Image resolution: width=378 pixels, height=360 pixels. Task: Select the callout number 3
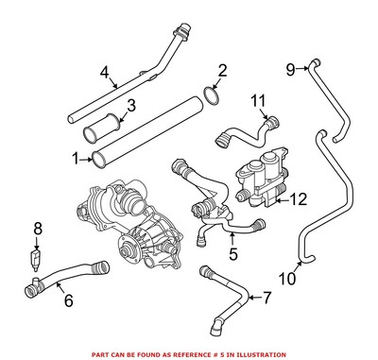133,105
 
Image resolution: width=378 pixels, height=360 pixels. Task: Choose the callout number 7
266,300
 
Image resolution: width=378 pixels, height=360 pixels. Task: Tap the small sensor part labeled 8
38,255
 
